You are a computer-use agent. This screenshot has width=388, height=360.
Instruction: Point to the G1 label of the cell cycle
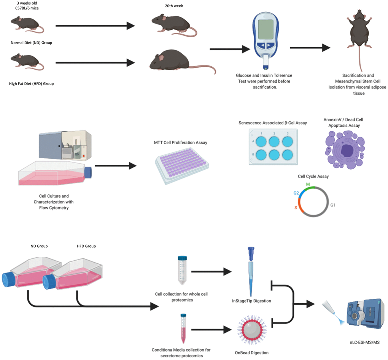coord(332,205)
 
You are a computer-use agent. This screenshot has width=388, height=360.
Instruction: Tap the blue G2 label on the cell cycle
coord(296,193)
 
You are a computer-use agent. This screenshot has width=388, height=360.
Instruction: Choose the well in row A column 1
coord(261,142)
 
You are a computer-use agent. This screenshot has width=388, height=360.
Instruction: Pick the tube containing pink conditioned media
coord(184,328)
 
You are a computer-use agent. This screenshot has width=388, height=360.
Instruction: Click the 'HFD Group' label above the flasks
coord(86,246)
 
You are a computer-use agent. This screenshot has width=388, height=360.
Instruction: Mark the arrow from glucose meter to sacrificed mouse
coord(310,48)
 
